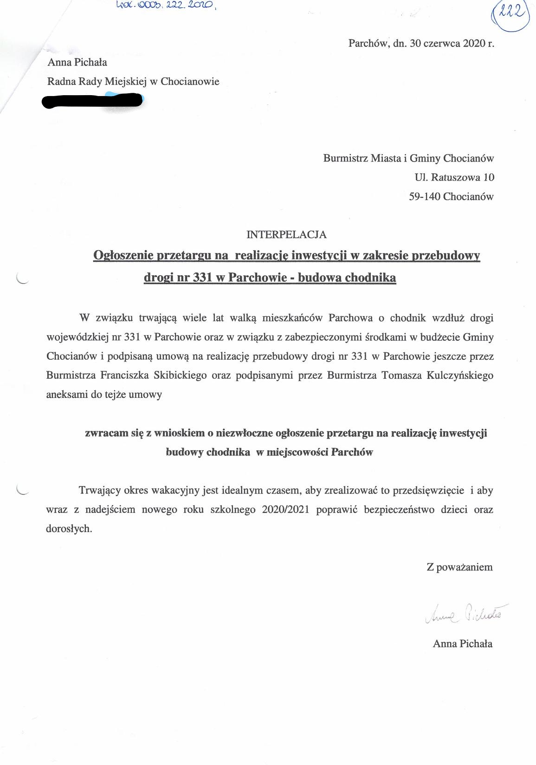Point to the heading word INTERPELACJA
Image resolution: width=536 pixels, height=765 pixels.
(286, 234)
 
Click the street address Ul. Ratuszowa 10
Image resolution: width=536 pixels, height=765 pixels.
(454, 177)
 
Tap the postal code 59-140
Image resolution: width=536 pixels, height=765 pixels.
(424, 196)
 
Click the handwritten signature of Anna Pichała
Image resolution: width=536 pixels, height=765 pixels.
(466, 614)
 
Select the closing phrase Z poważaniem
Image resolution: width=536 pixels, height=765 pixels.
(459, 567)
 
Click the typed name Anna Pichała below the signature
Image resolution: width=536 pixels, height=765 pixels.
(462, 643)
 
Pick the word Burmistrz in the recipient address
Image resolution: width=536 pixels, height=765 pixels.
(345, 158)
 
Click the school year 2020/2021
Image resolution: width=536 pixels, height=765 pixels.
(285, 509)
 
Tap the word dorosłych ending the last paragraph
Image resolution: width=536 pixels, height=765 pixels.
(69, 529)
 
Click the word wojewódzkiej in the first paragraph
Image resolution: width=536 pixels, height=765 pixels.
(77, 337)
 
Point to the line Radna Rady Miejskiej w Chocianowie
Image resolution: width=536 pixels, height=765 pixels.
(133, 82)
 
